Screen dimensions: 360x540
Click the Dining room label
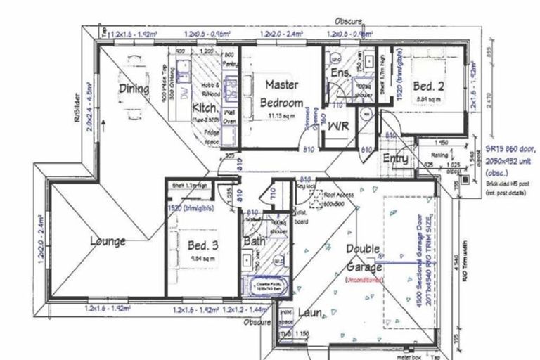[134, 89]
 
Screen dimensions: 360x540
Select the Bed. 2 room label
[427, 86]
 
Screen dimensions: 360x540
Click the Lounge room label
[108, 242]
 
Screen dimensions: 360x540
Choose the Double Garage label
[364, 258]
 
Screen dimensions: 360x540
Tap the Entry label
[395, 160]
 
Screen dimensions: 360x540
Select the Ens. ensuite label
[341, 74]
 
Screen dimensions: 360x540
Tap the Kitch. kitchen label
[204, 109]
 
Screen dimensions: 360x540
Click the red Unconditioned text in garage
[364, 279]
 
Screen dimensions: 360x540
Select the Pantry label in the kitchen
[229, 59]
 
